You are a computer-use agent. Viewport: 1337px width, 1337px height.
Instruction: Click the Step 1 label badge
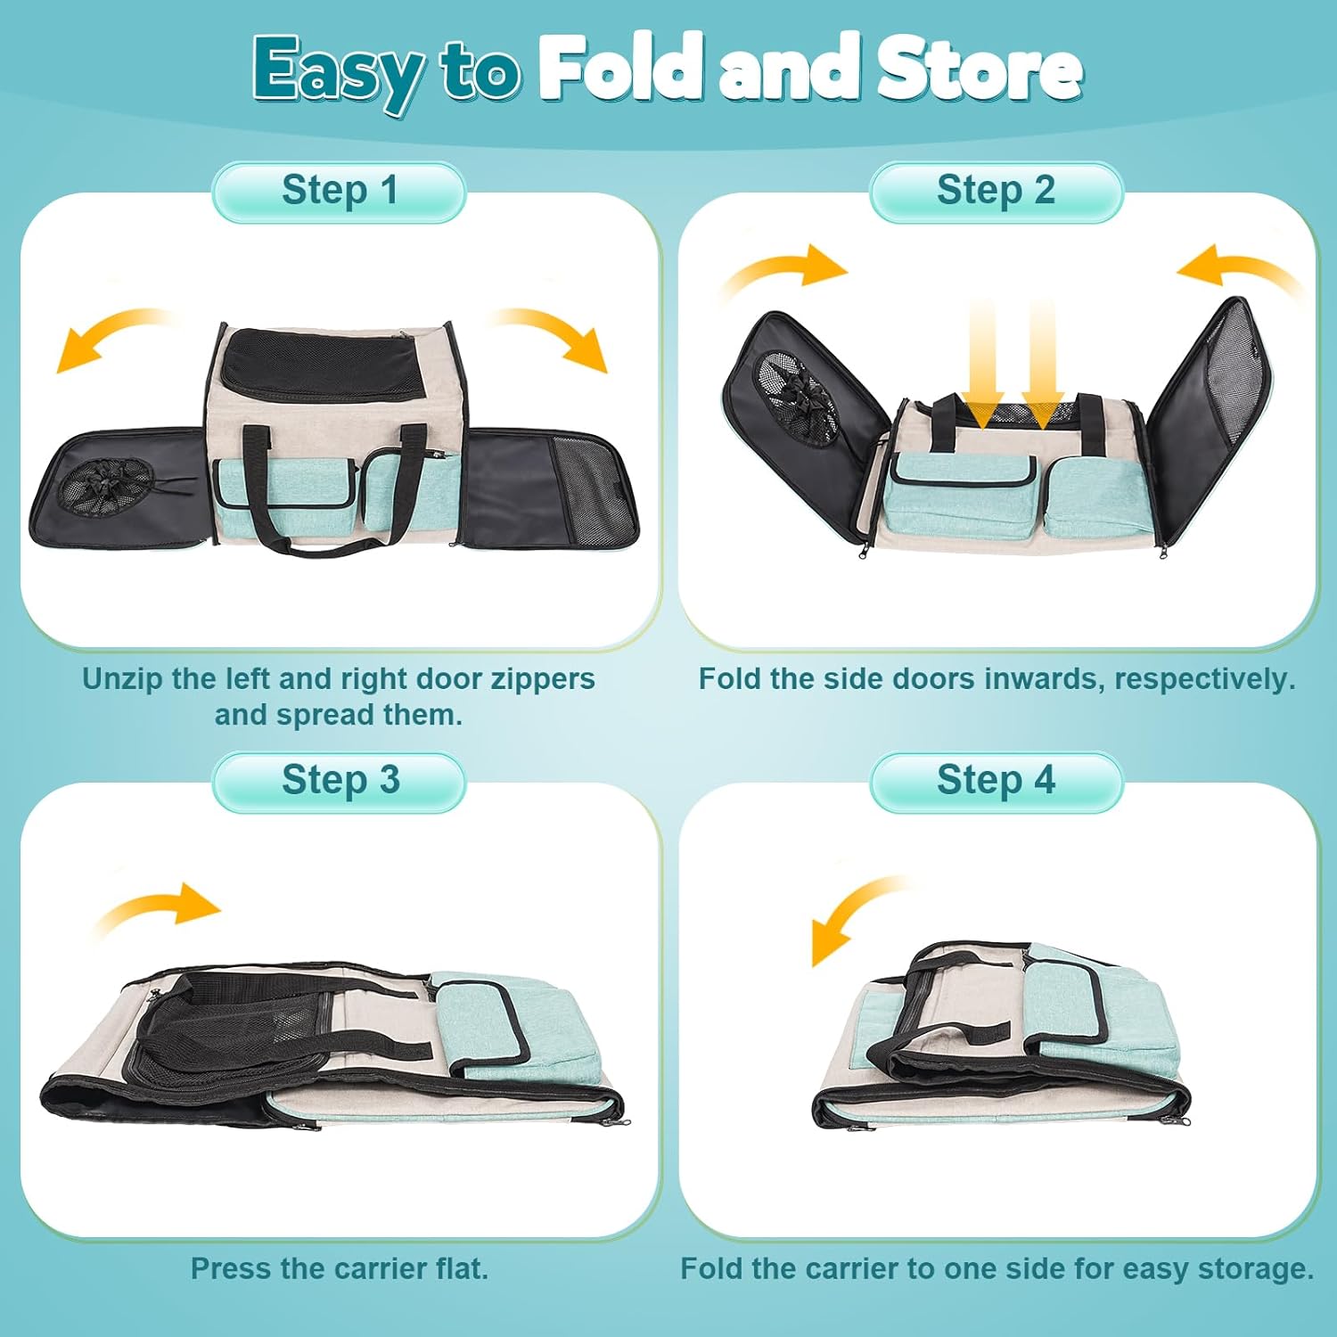[339, 192]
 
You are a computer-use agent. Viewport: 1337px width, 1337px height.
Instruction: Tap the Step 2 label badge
[996, 192]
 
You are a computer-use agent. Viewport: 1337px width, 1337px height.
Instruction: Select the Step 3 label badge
[339, 782]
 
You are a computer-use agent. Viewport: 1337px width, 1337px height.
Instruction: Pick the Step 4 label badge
[996, 782]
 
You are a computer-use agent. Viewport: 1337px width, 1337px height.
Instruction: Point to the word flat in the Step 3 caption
[461, 1268]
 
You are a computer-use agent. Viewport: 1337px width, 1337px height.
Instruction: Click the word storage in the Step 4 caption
[1255, 1269]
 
